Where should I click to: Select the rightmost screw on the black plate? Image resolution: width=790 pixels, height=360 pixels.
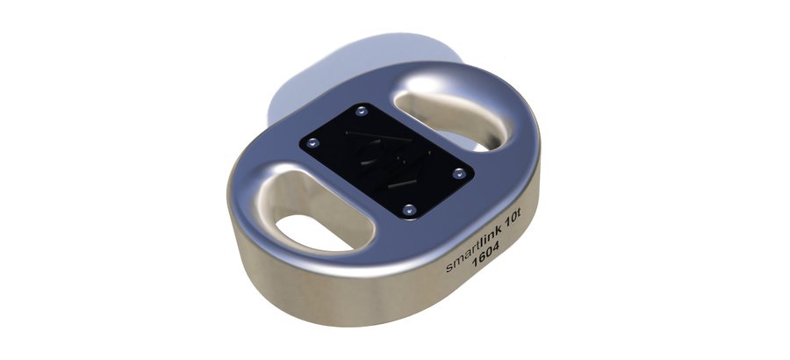click(457, 173)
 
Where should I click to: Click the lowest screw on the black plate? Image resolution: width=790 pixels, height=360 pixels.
click(408, 209)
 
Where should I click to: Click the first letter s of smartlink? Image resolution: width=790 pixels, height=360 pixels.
click(449, 269)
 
